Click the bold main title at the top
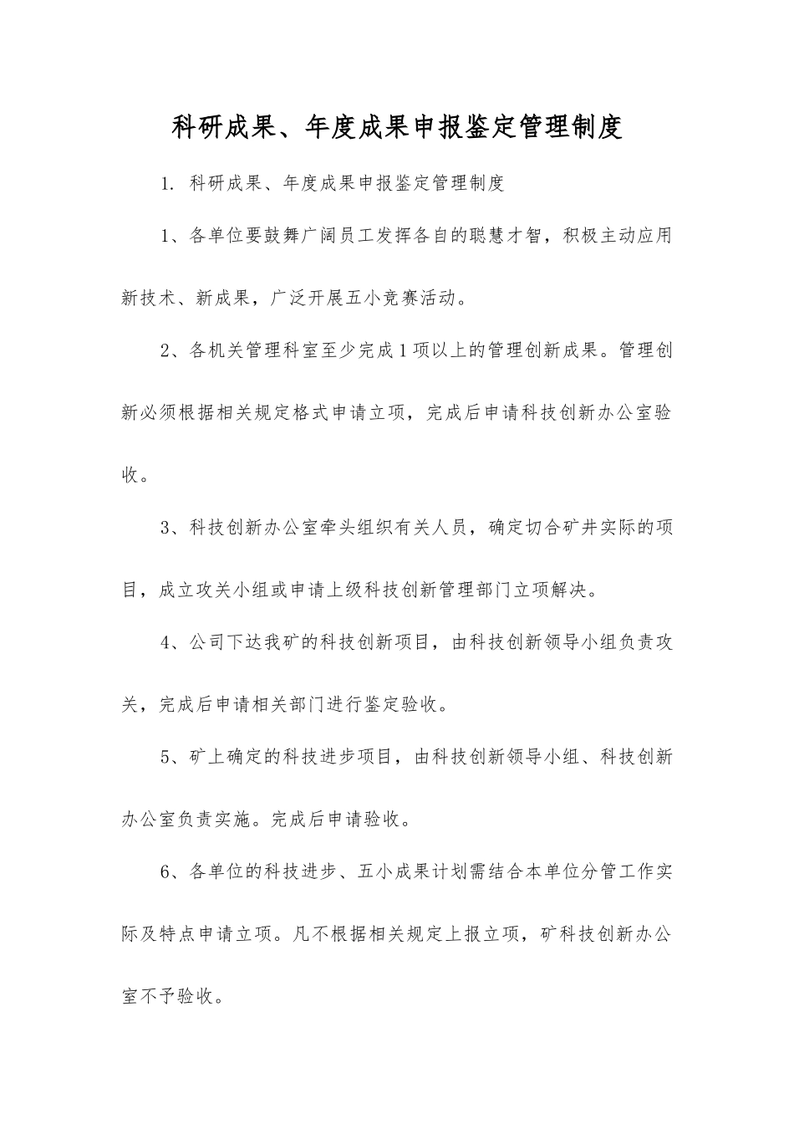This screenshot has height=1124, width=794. coord(397,127)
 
